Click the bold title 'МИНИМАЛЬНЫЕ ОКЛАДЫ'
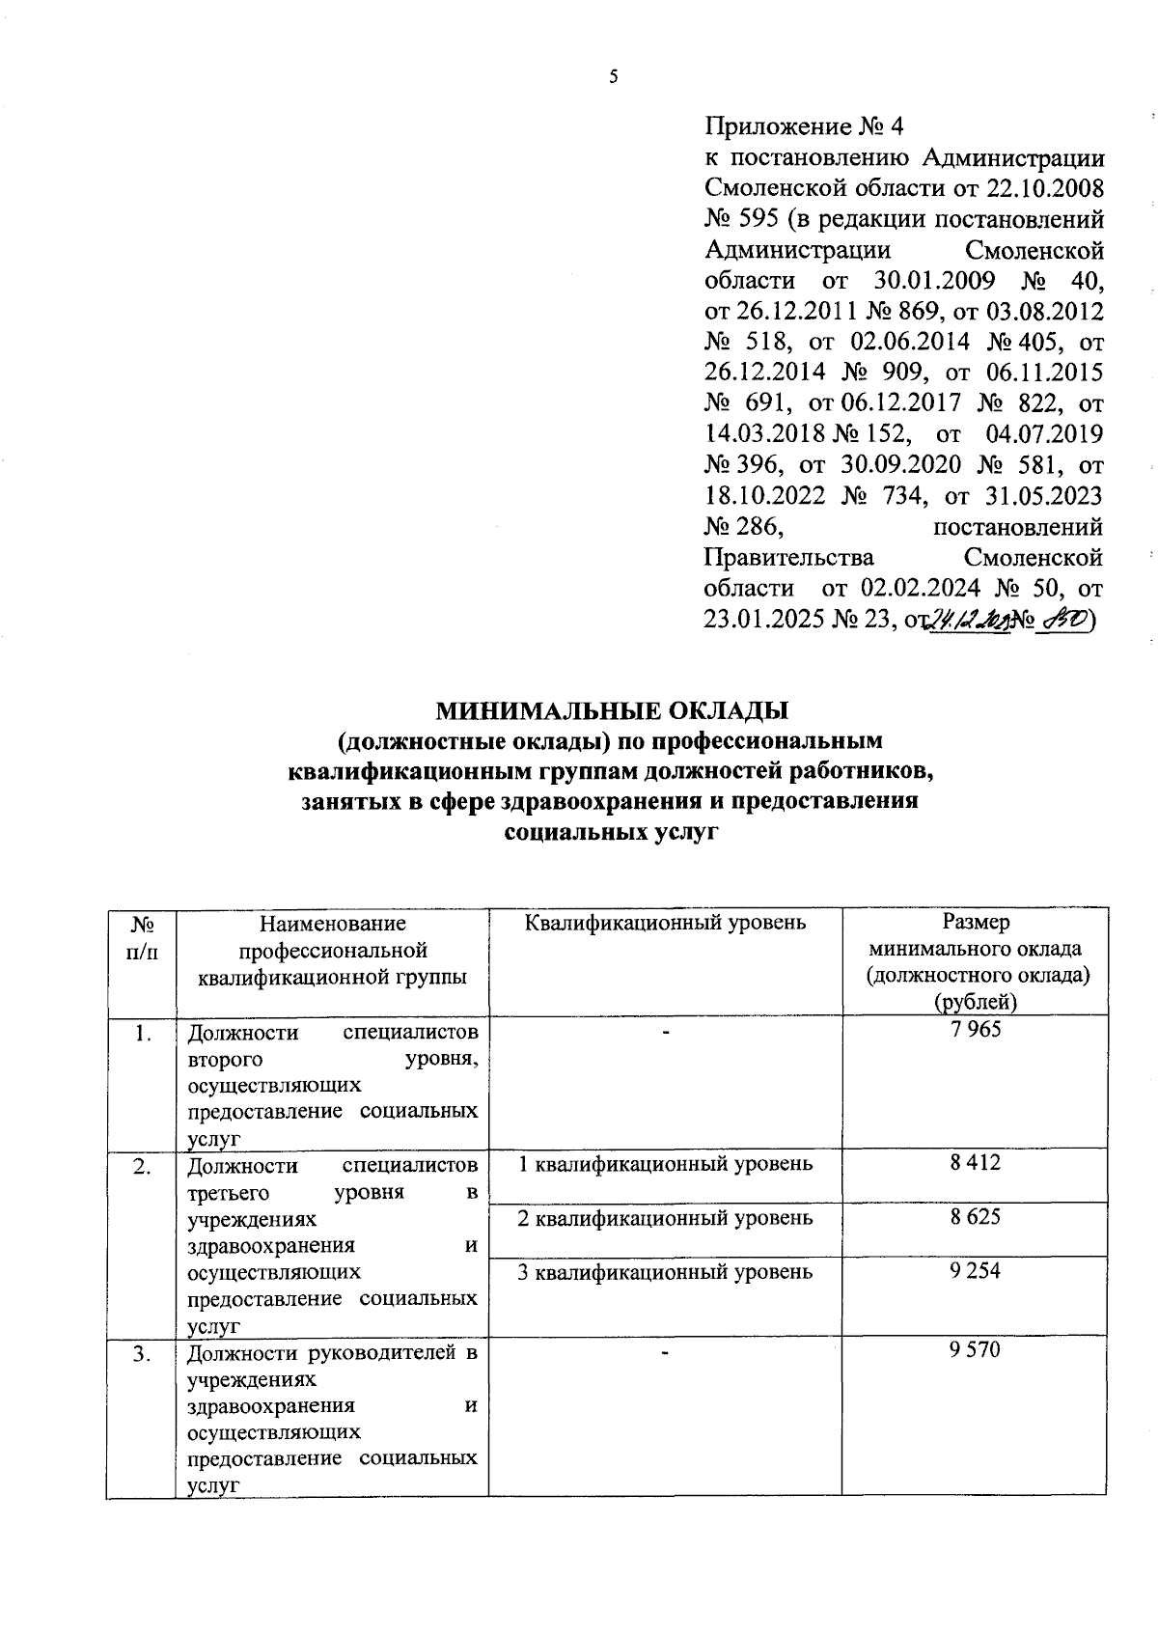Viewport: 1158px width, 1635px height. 613,711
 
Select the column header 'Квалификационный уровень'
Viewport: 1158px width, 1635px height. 665,923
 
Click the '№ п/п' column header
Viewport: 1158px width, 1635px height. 142,936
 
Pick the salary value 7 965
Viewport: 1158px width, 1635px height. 976,1030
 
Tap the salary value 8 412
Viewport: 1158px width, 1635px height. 976,1163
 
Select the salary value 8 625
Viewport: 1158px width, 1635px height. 976,1217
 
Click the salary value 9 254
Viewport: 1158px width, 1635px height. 976,1271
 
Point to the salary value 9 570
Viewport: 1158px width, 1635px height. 976,1350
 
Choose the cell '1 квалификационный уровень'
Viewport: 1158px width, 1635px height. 665,1164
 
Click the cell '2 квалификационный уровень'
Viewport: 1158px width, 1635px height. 665,1218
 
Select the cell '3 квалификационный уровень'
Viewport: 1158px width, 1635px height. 665,1272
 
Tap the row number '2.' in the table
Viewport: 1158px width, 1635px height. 142,1166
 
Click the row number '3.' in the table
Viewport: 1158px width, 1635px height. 142,1353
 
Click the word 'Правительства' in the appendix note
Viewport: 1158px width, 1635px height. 789,558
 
